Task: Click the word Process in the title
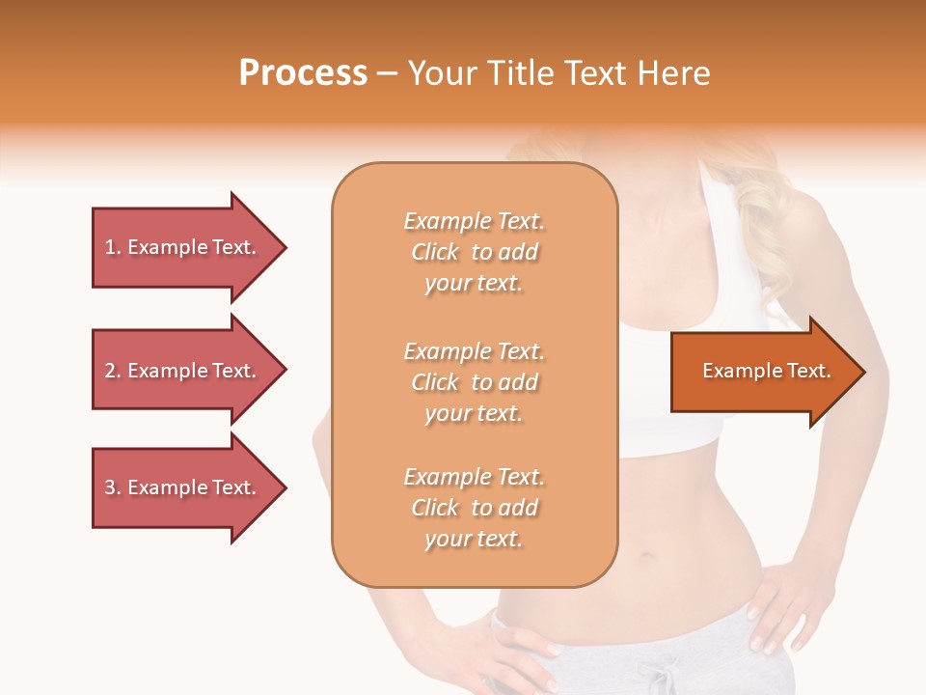click(303, 72)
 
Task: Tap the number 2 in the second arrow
click(111, 371)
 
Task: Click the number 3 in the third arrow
click(111, 487)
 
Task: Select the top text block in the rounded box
click(474, 252)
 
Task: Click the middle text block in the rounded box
click(474, 382)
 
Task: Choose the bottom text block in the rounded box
click(474, 508)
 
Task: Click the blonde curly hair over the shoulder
click(772, 222)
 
